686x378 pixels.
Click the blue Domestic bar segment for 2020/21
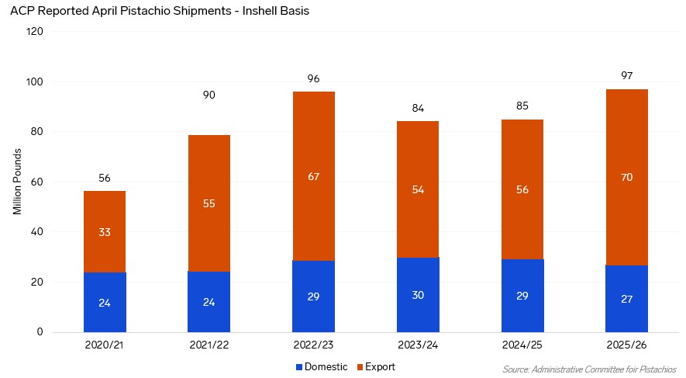[105, 302]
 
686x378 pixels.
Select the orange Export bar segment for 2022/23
[313, 176]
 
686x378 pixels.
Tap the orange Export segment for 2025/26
[626, 178]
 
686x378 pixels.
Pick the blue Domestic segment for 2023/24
[418, 295]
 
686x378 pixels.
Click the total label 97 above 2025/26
[626, 76]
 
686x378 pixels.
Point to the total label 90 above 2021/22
[209, 95]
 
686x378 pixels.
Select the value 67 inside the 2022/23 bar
[313, 176]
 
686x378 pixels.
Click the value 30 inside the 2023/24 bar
[418, 295]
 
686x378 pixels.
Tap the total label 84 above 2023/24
[418, 108]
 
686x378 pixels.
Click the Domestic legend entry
[322, 366]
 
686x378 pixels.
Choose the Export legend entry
[376, 366]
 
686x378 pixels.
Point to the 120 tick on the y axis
[35, 31]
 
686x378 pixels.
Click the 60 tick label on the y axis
[37, 182]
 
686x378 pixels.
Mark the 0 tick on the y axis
[40, 331]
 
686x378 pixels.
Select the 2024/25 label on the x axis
[522, 345]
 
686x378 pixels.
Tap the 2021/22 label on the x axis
[209, 345]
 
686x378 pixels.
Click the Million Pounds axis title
[17, 182]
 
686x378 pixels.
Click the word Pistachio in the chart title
[145, 11]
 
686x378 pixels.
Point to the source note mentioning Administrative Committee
[589, 369]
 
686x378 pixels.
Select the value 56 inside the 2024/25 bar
[522, 189]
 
